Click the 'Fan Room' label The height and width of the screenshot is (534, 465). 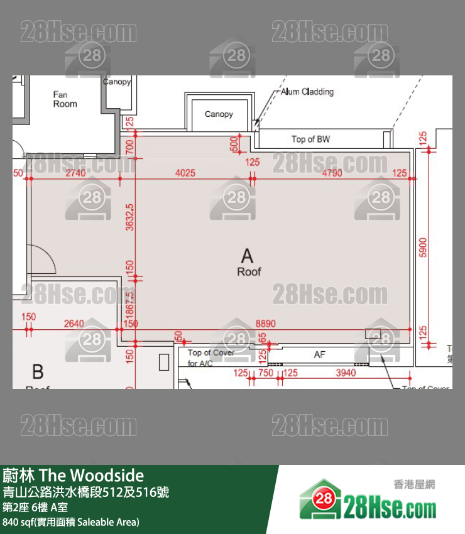pos(65,99)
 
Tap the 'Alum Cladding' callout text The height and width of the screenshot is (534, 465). pos(307,92)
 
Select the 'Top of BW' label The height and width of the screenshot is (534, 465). pos(310,139)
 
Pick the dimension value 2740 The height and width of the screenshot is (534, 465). pos(75,173)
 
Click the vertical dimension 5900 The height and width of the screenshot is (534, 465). pos(422,246)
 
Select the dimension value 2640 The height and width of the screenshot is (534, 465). pos(74,323)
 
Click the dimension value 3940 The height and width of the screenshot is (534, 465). pos(346,373)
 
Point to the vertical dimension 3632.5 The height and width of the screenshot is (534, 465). pos(130,217)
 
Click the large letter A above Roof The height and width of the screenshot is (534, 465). pos(248,256)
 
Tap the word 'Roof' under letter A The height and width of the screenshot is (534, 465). pos(249,272)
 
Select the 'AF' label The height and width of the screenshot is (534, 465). pos(320,355)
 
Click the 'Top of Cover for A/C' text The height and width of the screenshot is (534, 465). pos(211,358)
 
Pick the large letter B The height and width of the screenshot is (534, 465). pos(38,372)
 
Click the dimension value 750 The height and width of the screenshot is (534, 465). pos(265,373)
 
